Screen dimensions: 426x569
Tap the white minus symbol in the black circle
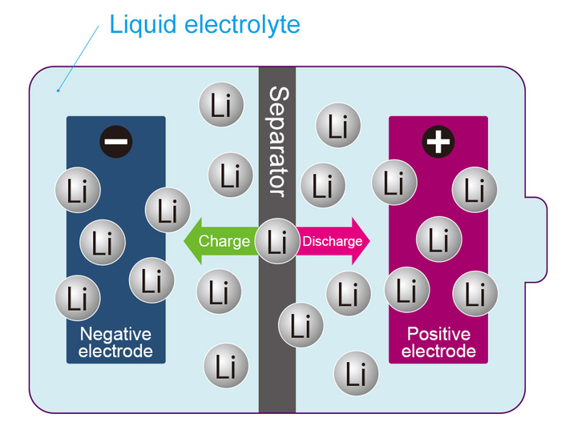pos(116,142)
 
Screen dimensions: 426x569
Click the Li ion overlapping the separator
pos(277,241)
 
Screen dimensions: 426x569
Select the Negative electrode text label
pos(115,343)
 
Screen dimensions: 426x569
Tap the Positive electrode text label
pos(438,343)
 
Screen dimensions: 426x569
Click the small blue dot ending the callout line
pos(58,90)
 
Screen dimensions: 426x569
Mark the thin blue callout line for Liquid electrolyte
pos(80,57)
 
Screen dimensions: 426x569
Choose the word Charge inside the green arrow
pos(224,241)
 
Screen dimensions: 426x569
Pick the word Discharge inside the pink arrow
pos(332,241)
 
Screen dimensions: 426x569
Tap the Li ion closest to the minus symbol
pos(78,191)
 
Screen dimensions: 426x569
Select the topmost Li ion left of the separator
pos(221,104)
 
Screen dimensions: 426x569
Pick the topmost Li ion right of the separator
pos(339,126)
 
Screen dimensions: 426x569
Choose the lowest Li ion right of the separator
pos(356,373)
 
